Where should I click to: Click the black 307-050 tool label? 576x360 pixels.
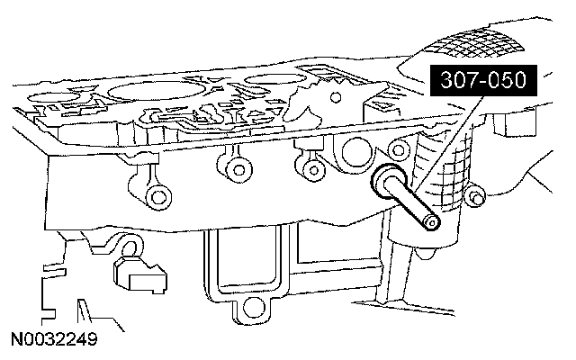coord(483,82)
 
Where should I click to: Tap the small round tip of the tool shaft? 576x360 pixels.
coord(432,221)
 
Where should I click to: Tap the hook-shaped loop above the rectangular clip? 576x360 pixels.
coord(131,247)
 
